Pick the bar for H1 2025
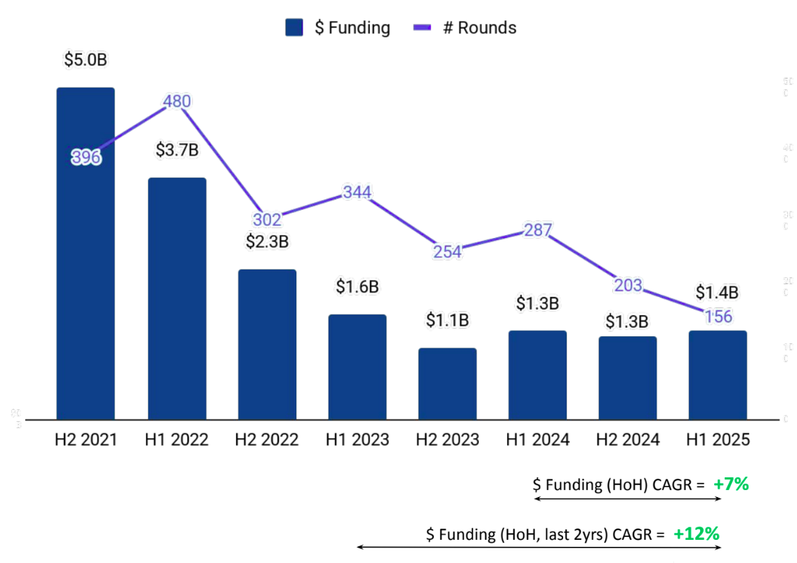point(718,375)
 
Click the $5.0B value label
point(86,60)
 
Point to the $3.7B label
point(177,150)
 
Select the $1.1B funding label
point(447,320)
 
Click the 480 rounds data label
point(176,102)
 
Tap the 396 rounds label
point(86,158)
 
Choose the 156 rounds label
point(718,317)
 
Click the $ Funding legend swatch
point(294,27)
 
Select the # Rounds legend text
point(479,27)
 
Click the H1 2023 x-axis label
point(357,439)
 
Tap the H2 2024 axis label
point(628,439)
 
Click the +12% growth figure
point(697,534)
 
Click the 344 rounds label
point(357,192)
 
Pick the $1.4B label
point(718,292)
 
